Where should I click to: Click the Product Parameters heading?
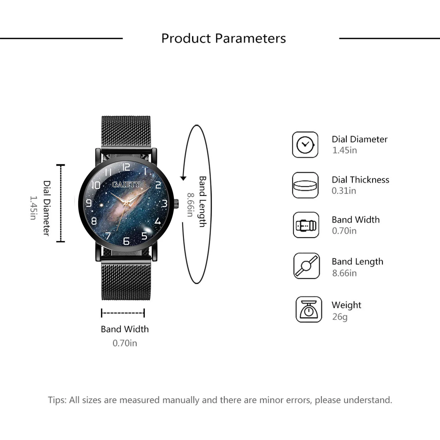click(x=223, y=38)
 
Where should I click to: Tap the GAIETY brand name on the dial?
click(x=126, y=184)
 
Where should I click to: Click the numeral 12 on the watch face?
click(x=126, y=167)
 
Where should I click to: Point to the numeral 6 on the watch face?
click(x=126, y=241)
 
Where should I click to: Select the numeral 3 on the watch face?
click(x=164, y=204)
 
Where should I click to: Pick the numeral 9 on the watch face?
click(x=89, y=203)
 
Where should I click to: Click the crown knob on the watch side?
click(x=176, y=204)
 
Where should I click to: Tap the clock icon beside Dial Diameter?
click(x=305, y=145)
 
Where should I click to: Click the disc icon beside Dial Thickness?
click(x=305, y=185)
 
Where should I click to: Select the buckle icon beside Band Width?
click(x=306, y=225)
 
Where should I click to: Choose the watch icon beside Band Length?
click(x=306, y=266)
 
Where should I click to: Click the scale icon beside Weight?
click(x=309, y=309)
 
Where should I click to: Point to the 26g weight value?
click(x=340, y=317)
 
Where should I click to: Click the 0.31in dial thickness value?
click(x=344, y=191)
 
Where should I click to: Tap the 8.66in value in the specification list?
click(x=344, y=273)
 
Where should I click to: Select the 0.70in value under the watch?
click(x=125, y=343)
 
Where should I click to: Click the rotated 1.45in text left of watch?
click(x=33, y=208)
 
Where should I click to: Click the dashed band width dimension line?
click(x=123, y=313)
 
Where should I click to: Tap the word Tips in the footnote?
click(x=57, y=400)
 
